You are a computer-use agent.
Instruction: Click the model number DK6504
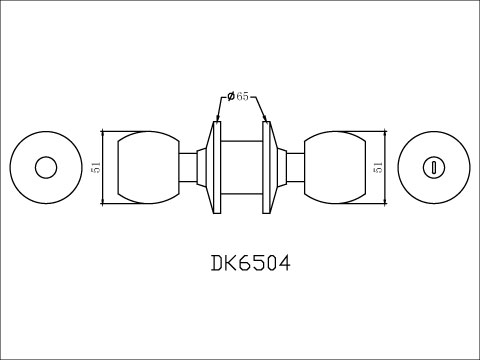click(251, 266)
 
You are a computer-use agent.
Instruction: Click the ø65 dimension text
click(239, 96)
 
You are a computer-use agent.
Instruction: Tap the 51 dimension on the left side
click(96, 168)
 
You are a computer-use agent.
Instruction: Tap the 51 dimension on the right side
click(377, 167)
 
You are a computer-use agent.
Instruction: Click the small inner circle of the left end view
click(46, 167)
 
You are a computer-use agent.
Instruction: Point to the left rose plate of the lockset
click(213, 167)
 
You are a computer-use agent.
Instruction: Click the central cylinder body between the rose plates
click(240, 167)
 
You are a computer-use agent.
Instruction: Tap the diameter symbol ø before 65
click(231, 96)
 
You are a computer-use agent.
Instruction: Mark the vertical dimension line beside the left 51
click(104, 168)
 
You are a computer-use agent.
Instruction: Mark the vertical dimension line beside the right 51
click(385, 167)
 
